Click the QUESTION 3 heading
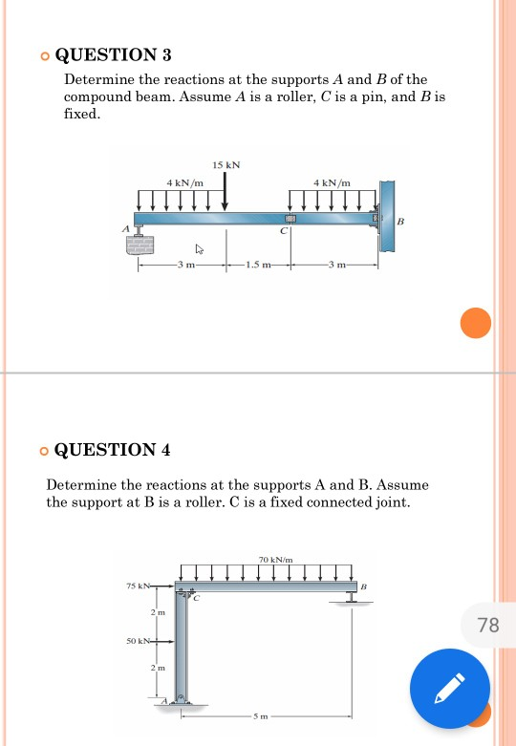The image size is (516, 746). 114,55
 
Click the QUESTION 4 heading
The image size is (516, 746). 113,450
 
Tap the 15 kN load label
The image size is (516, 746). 226,165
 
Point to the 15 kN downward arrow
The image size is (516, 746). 226,191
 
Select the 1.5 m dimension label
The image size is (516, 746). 258,265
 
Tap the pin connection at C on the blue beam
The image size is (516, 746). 290,219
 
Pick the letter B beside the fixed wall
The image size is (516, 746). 400,222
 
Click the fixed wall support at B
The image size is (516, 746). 387,216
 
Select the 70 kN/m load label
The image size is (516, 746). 275,560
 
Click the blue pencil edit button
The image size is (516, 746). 450,689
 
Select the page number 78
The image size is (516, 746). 488,625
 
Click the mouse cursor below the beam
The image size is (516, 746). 200,249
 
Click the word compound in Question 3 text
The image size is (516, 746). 90,97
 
